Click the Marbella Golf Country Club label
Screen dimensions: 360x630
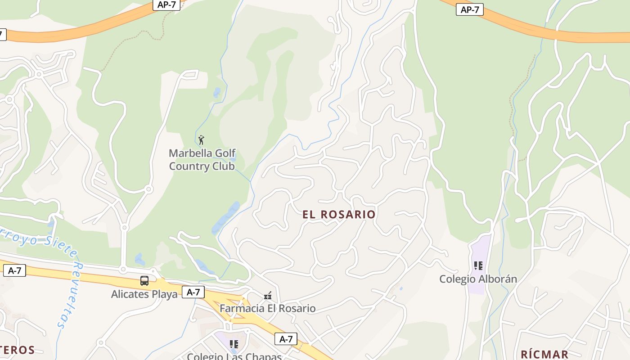(202, 160)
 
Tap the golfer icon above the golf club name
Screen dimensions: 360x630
(201, 140)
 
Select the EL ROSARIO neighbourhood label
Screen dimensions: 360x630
(339, 215)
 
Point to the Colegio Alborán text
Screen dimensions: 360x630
(478, 279)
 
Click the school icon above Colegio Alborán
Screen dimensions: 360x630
(478, 266)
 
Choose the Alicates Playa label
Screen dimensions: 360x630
(144, 295)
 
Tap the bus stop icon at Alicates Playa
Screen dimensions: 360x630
(144, 281)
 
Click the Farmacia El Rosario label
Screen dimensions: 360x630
(267, 309)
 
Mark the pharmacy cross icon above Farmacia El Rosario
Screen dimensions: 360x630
(268, 296)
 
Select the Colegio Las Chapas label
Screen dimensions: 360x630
(234, 356)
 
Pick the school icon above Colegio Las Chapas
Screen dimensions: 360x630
(234, 344)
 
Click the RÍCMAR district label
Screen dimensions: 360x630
(544, 354)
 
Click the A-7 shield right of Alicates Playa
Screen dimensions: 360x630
(193, 292)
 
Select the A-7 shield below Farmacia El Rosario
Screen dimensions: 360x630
(286, 339)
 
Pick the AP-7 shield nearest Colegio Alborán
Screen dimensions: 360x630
(470, 9)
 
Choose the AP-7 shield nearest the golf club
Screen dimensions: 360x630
(167, 4)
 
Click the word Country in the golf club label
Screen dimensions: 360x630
(186, 166)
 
